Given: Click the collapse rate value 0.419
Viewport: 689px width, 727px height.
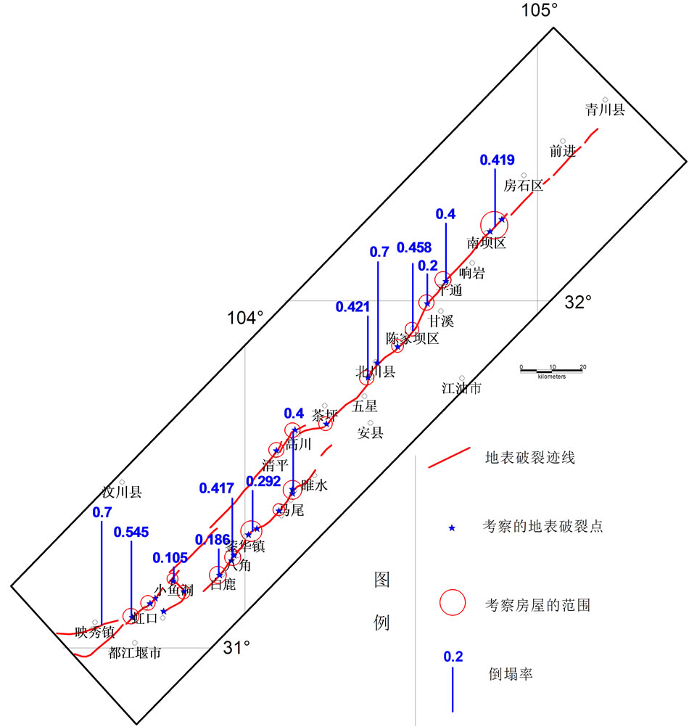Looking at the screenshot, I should [497, 160].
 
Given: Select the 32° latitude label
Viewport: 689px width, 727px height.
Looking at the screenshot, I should [578, 301].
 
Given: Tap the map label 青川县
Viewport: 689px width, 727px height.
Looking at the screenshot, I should [605, 110].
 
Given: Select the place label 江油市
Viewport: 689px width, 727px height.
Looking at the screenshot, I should [461, 388].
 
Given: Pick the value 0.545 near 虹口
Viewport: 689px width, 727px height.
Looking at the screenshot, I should [131, 532].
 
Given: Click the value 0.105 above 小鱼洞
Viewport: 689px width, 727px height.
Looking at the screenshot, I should [170, 558].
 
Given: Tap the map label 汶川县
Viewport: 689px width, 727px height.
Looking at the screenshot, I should [122, 492].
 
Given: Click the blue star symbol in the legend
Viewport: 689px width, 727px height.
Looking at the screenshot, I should [453, 528].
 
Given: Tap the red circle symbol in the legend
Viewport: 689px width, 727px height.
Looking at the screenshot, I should [453, 602].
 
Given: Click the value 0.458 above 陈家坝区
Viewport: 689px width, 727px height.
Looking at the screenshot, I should [414, 248].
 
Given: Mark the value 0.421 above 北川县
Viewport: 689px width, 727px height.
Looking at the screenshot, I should [352, 308].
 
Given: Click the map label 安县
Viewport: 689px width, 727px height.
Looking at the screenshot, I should [371, 433].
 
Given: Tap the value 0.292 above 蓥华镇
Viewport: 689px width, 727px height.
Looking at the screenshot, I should [263, 480].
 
